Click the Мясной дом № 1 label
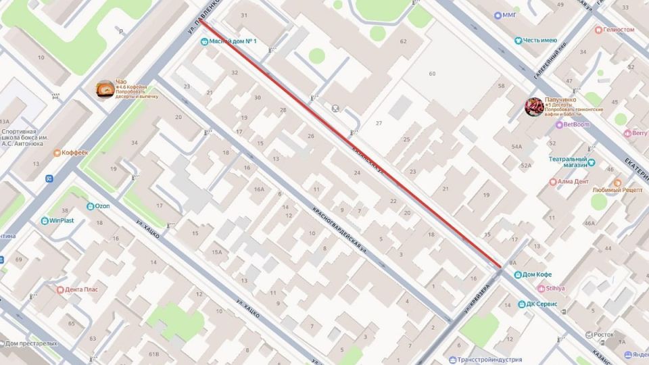coord(233,41)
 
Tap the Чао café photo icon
coord(105,89)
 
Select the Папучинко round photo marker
coord(534,107)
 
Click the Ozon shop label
coord(101,205)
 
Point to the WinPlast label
coord(61,220)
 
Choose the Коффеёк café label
coord(74,153)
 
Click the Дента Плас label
coord(82,289)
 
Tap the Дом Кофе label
coord(537,274)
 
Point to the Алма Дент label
coord(572,182)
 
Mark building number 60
coord(431,73)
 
